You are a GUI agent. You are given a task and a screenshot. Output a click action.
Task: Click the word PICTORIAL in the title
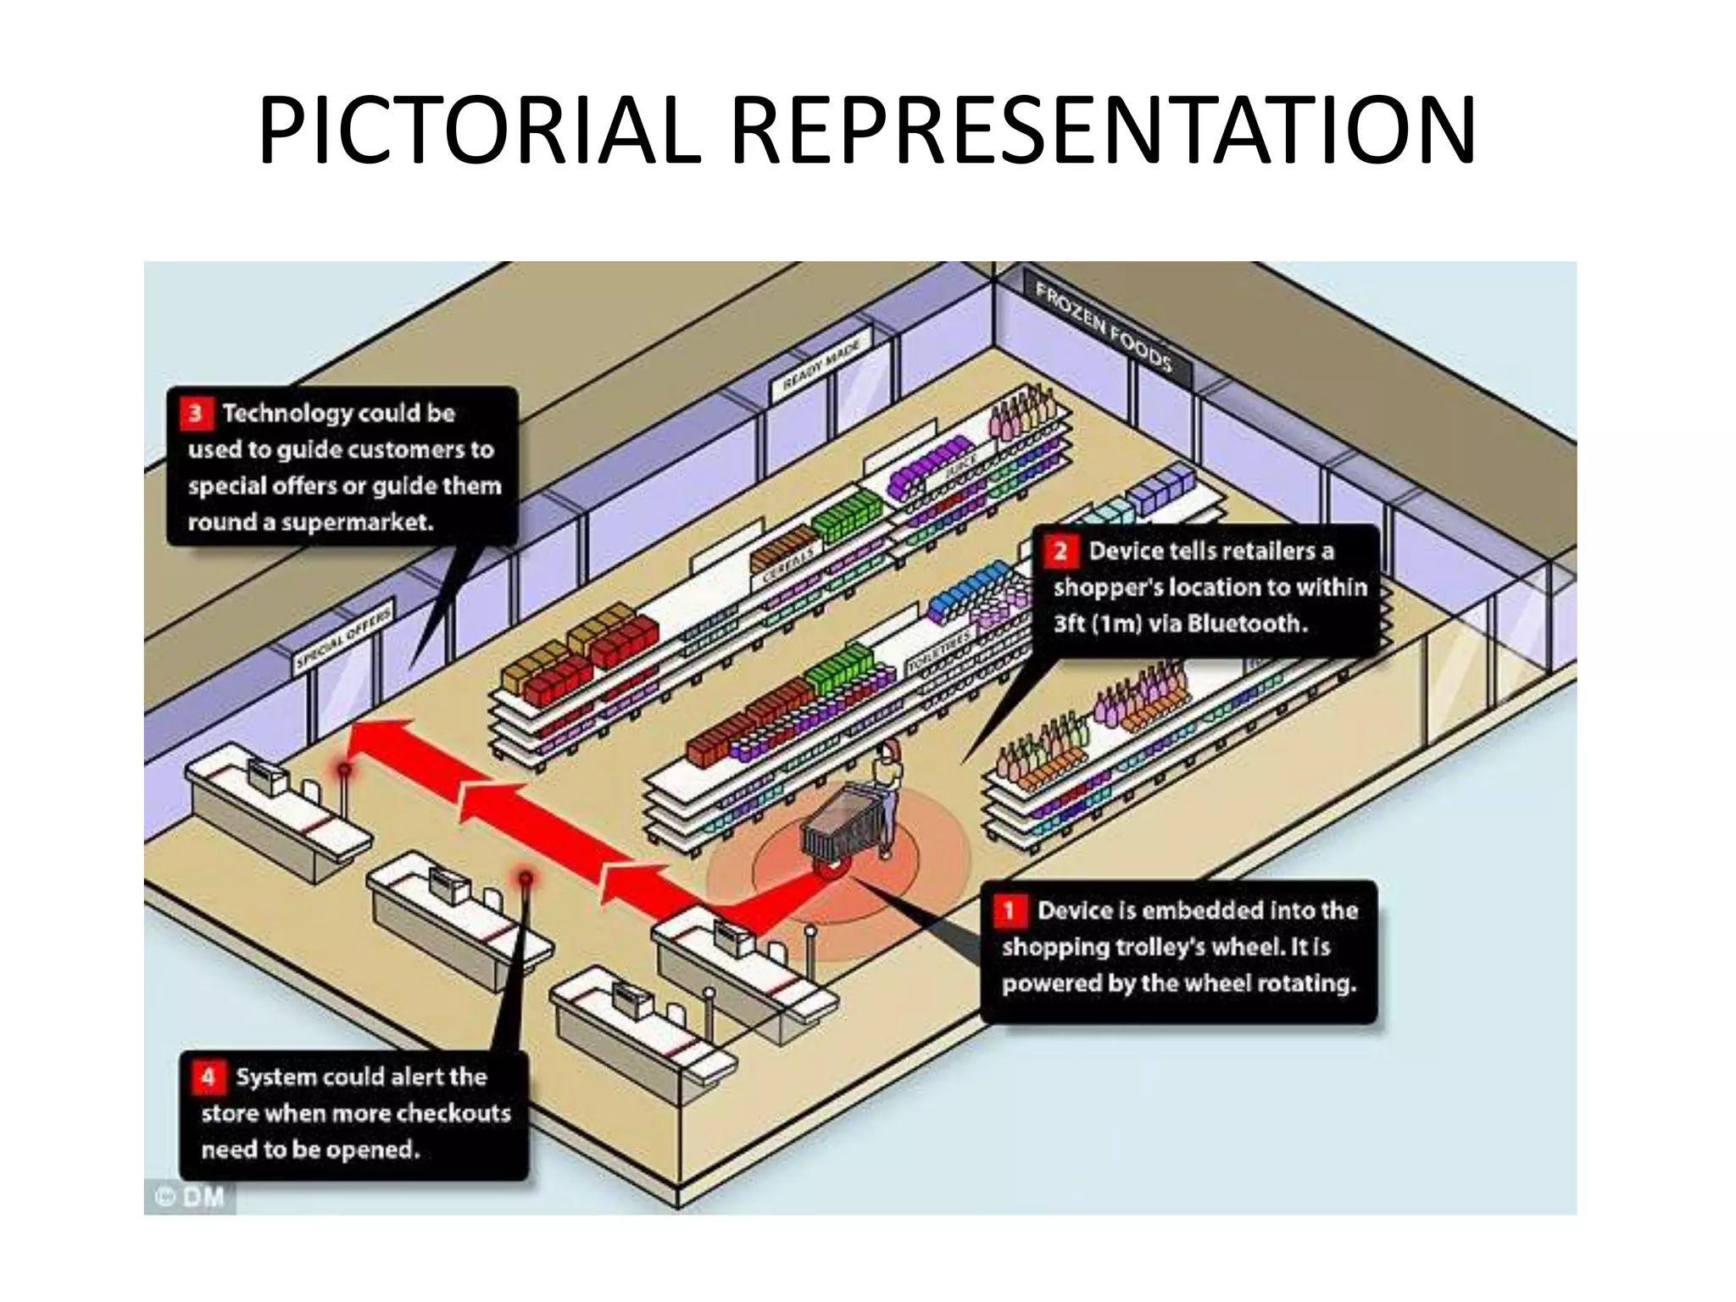(x=479, y=131)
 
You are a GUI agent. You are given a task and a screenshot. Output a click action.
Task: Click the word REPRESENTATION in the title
(x=1102, y=131)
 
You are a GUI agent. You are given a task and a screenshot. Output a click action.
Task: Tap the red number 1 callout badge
(x=1009, y=911)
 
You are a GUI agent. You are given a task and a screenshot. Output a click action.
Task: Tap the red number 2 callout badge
(x=1060, y=552)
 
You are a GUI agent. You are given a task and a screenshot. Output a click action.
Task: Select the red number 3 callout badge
(x=196, y=414)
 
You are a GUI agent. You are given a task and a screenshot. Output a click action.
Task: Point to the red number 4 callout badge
(x=209, y=1077)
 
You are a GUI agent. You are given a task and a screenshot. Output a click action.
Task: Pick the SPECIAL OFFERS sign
(x=344, y=637)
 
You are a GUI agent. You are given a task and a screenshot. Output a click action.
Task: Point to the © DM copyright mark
(x=191, y=1197)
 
